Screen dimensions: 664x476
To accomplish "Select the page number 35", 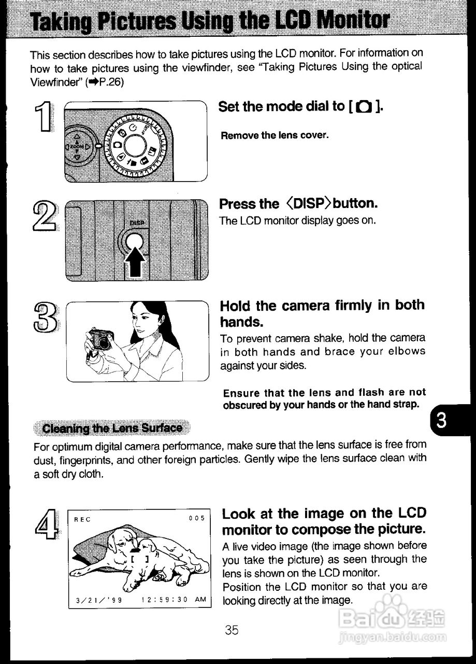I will [232, 630].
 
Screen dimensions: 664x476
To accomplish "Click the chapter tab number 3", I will [441, 420].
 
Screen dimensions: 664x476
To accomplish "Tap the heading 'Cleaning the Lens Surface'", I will [112, 428].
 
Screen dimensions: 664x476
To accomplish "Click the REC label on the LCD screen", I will [82, 518].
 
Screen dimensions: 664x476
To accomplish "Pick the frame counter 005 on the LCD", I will [197, 518].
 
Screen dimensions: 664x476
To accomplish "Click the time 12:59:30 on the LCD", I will [164, 600].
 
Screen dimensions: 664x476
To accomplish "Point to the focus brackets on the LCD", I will [140, 559].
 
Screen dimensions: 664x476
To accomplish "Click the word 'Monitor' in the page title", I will [352, 21].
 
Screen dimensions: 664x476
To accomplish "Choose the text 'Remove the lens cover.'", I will [275, 135].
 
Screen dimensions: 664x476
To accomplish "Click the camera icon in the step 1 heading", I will [365, 107].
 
